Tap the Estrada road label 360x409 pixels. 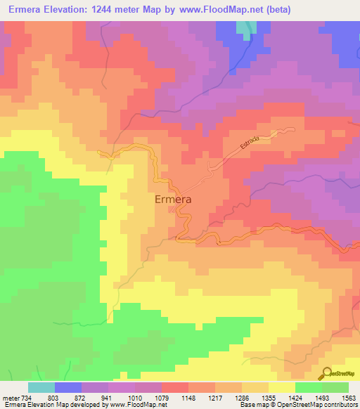tap(250, 141)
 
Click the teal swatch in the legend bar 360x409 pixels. tap(41, 387)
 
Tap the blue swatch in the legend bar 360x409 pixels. tap(68, 387)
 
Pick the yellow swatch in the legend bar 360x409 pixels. tap(281, 387)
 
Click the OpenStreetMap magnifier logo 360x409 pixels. tap(326, 373)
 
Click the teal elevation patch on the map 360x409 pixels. tap(243, 27)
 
